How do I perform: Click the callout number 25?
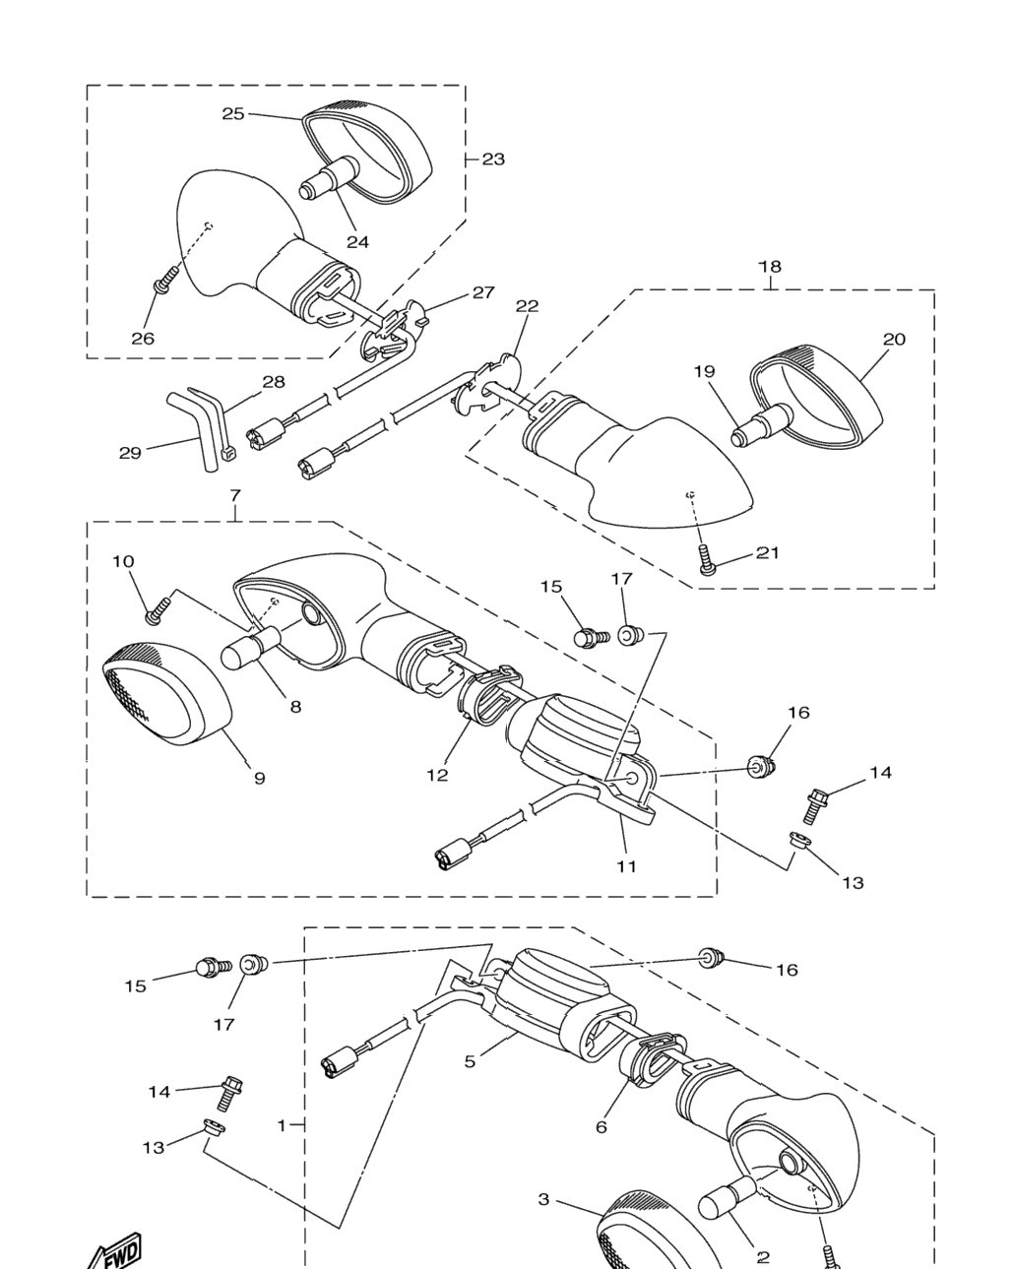tap(233, 113)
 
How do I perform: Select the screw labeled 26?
tap(165, 279)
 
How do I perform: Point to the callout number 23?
tap(493, 159)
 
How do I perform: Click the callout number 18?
tap(770, 267)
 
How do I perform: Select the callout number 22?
tap(527, 306)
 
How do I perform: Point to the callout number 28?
tap(273, 382)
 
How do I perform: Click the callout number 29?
tap(130, 453)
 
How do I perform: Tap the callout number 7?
tap(235, 496)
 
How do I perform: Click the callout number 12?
tap(438, 775)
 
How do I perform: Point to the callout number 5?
tap(470, 1061)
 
